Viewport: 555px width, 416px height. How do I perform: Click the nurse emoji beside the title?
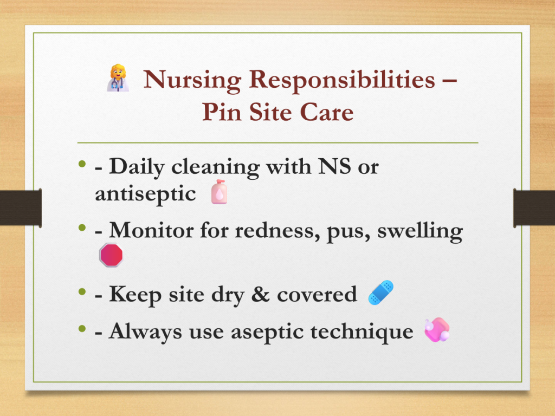(x=118, y=78)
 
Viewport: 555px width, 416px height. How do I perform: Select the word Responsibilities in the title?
(x=342, y=79)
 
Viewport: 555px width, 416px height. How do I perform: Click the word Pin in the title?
(x=222, y=112)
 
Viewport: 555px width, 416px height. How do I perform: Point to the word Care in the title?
(x=327, y=112)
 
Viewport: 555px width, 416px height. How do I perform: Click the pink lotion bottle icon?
(x=219, y=192)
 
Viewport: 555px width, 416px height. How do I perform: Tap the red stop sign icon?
(x=111, y=255)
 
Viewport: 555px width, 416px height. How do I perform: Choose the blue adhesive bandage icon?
(x=381, y=292)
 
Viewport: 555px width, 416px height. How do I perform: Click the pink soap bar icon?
(x=437, y=330)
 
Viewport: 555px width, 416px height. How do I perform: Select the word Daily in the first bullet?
(x=137, y=167)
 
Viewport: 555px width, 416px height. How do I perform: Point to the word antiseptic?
(x=145, y=193)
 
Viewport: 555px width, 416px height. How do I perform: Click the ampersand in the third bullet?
(x=260, y=294)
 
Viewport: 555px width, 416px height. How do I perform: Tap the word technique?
(x=362, y=332)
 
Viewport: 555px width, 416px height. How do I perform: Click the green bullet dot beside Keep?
(x=82, y=291)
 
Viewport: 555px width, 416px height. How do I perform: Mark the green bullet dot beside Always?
(x=82, y=329)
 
